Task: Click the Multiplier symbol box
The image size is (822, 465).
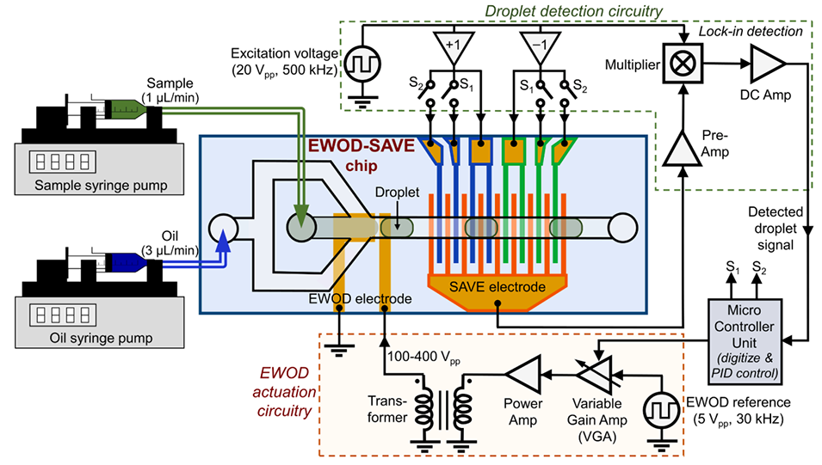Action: pos(683,64)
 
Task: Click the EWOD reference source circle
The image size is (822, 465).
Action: pos(662,404)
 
